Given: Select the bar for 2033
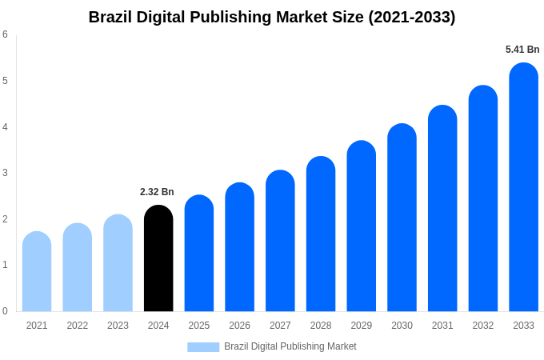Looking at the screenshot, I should point(523,187).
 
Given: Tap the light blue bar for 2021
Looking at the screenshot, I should point(37,272).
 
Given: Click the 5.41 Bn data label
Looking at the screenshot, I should point(522,50).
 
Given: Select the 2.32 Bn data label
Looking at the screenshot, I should point(157,192).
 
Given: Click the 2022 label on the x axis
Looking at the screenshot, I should point(78,326).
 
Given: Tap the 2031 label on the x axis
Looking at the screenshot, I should point(442,326).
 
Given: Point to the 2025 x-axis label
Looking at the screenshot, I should point(199,326).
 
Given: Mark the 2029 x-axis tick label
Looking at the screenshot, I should point(361,326).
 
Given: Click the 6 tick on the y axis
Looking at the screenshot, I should point(5,34).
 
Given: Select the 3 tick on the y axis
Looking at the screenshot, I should point(5,173).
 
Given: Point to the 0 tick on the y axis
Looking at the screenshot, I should point(5,311).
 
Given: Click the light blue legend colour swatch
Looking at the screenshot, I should point(203,346).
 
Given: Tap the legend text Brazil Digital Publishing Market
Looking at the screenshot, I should point(290,346).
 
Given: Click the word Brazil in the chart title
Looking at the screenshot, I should point(110,17).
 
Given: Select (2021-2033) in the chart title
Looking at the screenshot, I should point(411,17).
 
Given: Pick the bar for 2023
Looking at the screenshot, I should point(118,263).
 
